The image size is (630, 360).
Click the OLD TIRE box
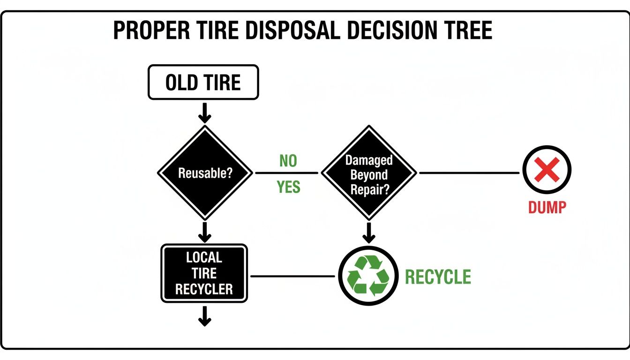(203, 82)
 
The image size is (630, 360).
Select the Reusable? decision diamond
(205, 172)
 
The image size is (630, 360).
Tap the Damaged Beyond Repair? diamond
(369, 172)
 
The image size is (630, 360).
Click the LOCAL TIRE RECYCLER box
(204, 273)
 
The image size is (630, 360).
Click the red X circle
(547, 170)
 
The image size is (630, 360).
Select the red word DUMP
(547, 207)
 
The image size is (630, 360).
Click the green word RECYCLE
(438, 277)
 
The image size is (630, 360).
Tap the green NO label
(288, 161)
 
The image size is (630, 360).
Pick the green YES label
(288, 187)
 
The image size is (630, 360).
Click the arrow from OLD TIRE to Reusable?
(205, 113)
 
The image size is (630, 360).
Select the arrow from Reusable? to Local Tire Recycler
(204, 232)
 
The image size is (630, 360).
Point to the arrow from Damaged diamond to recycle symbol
(369, 231)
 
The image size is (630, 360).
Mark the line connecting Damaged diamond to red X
(469, 173)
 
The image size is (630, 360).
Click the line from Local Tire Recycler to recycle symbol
(293, 276)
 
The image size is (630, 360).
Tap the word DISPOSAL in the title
(281, 31)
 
